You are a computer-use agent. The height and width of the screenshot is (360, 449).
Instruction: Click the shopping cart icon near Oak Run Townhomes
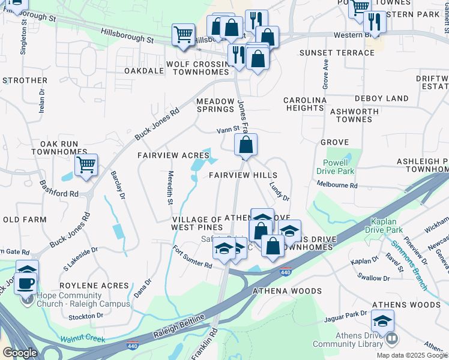click(x=86, y=164)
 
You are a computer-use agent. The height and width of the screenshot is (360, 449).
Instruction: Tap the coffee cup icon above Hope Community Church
click(x=25, y=282)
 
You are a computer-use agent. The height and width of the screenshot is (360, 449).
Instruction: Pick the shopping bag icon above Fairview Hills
click(x=246, y=145)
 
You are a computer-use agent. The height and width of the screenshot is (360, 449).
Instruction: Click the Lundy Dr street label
click(x=279, y=191)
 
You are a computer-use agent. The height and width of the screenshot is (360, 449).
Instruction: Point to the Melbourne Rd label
click(x=337, y=186)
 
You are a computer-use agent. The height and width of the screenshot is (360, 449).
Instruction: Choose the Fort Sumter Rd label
click(x=191, y=257)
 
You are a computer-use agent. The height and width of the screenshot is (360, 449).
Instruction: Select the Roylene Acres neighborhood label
click(x=94, y=286)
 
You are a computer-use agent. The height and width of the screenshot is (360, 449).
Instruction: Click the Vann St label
click(x=228, y=129)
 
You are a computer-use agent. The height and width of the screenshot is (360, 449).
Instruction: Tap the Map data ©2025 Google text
click(x=411, y=355)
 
